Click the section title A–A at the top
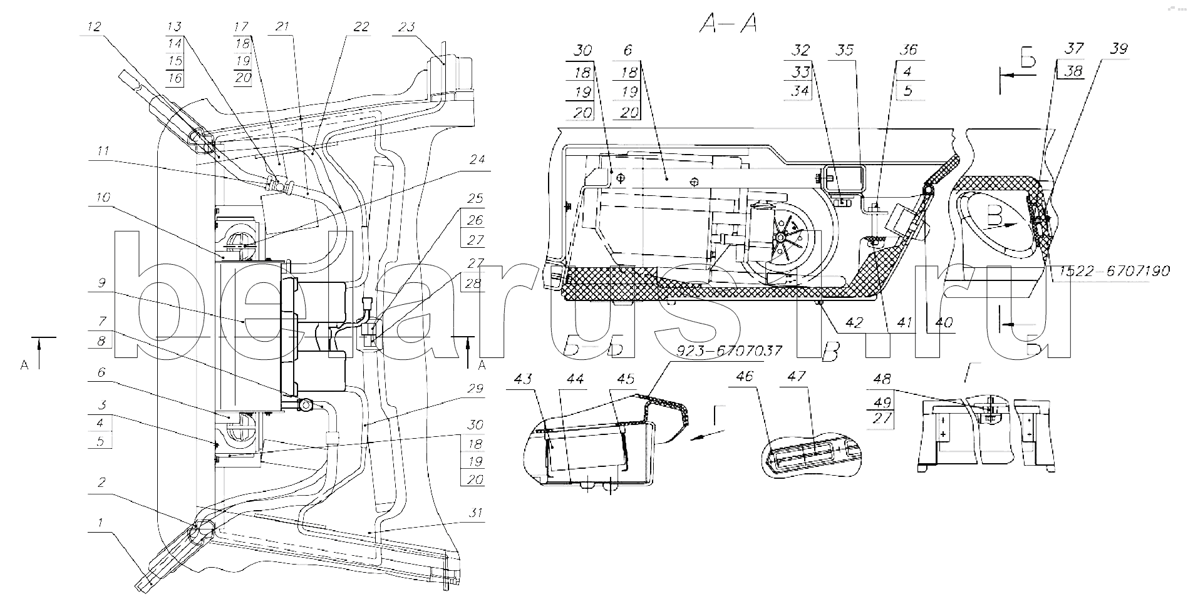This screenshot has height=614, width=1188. pyautogui.click(x=728, y=25)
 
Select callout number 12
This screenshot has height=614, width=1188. pyautogui.click(x=94, y=27)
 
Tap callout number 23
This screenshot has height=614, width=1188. pyautogui.click(x=407, y=28)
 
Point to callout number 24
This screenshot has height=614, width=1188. pyautogui.click(x=477, y=160)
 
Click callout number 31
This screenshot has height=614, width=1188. pyautogui.click(x=476, y=513)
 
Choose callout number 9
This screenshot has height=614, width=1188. pyautogui.click(x=102, y=282)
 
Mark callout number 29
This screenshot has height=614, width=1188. pyautogui.click(x=476, y=389)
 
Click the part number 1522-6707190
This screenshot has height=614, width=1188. pyautogui.click(x=1115, y=272)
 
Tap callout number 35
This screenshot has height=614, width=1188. pyautogui.click(x=845, y=51)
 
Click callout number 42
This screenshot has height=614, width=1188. pyautogui.click(x=854, y=322)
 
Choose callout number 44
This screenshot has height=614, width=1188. pyautogui.click(x=575, y=379)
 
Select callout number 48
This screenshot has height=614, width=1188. pyautogui.click(x=881, y=379)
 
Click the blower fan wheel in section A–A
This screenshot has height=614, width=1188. pyautogui.click(x=783, y=239)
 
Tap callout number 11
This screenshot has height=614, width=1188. pyautogui.click(x=103, y=151)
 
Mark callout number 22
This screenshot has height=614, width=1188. pyautogui.click(x=361, y=28)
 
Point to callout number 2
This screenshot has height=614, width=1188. pyautogui.click(x=101, y=483)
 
